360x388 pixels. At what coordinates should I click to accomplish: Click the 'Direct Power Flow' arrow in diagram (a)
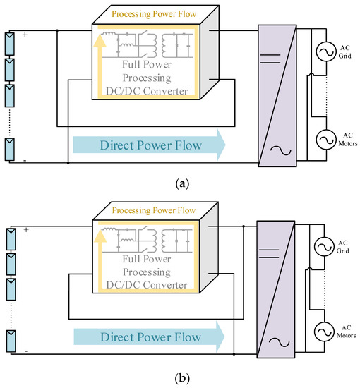pos(148,146)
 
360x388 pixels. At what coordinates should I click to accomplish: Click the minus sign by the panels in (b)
pos(25,350)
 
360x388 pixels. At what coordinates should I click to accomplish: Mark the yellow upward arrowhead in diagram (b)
pos(99,236)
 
